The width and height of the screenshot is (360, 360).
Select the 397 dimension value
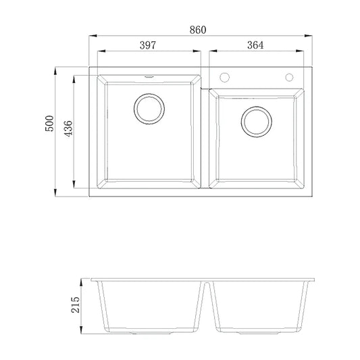tap(148, 45)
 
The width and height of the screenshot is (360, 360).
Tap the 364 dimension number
tap(255, 45)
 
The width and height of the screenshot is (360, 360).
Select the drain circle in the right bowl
tap(256, 120)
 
